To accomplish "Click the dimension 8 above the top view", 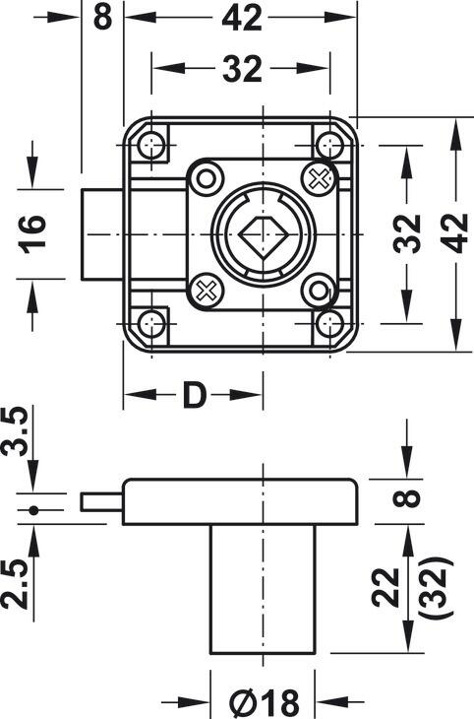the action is (102, 18).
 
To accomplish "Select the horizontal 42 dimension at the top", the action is (242, 18).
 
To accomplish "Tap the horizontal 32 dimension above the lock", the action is (242, 69).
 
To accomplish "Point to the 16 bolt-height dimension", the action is (33, 234).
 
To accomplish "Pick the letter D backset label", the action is (194, 395).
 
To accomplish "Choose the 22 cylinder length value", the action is (385, 587).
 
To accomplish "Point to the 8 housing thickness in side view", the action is (407, 498).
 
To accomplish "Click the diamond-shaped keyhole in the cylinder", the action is (263, 234).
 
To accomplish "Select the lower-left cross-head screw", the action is (206, 290).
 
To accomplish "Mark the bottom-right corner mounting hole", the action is (329, 324).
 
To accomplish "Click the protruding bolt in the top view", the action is (102, 234).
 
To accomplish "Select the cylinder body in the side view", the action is (263, 589).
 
